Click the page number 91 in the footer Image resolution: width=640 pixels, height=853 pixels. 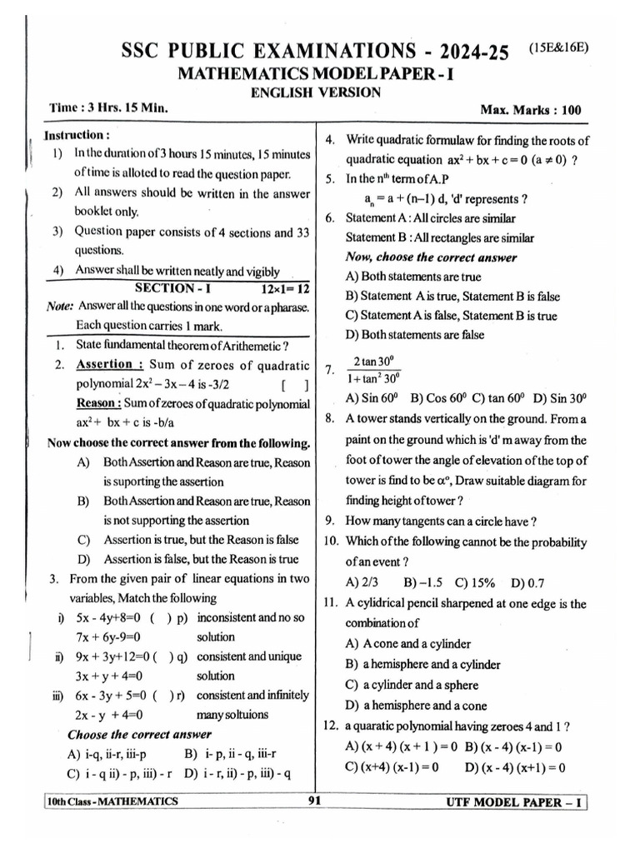(x=314, y=801)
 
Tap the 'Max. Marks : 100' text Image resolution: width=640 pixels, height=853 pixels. (x=531, y=110)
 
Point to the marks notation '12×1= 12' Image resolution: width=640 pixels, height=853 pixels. (x=284, y=287)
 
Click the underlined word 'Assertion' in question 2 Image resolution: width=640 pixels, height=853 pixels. (x=104, y=364)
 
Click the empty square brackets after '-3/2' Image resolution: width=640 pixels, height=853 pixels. (x=295, y=384)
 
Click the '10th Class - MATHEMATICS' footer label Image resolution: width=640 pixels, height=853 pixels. (x=113, y=801)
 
